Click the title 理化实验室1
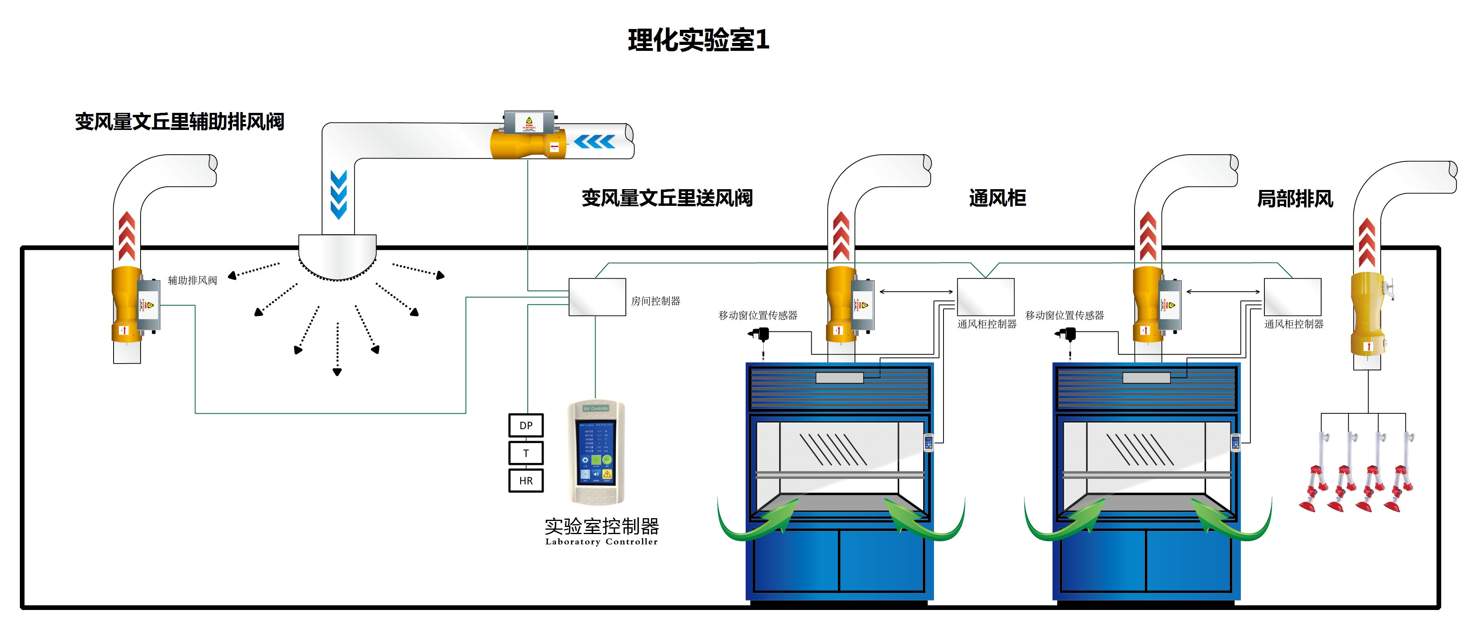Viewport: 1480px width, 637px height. pos(698,40)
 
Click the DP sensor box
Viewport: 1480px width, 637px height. pos(526,426)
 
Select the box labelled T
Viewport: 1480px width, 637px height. pos(526,453)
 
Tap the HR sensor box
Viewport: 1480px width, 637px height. pos(526,480)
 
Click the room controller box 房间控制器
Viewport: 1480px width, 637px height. pos(597,297)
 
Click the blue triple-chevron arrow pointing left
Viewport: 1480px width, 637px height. pos(594,141)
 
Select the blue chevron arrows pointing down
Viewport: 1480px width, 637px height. pos(338,194)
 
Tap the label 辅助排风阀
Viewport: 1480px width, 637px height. pos(193,281)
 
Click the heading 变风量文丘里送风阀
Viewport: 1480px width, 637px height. pos(667,198)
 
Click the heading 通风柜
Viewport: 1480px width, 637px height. pos(998,198)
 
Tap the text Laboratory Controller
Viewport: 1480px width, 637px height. pos(602,542)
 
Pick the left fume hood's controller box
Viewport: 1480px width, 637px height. pos(985,297)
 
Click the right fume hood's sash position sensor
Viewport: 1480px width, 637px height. pos(1067,334)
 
